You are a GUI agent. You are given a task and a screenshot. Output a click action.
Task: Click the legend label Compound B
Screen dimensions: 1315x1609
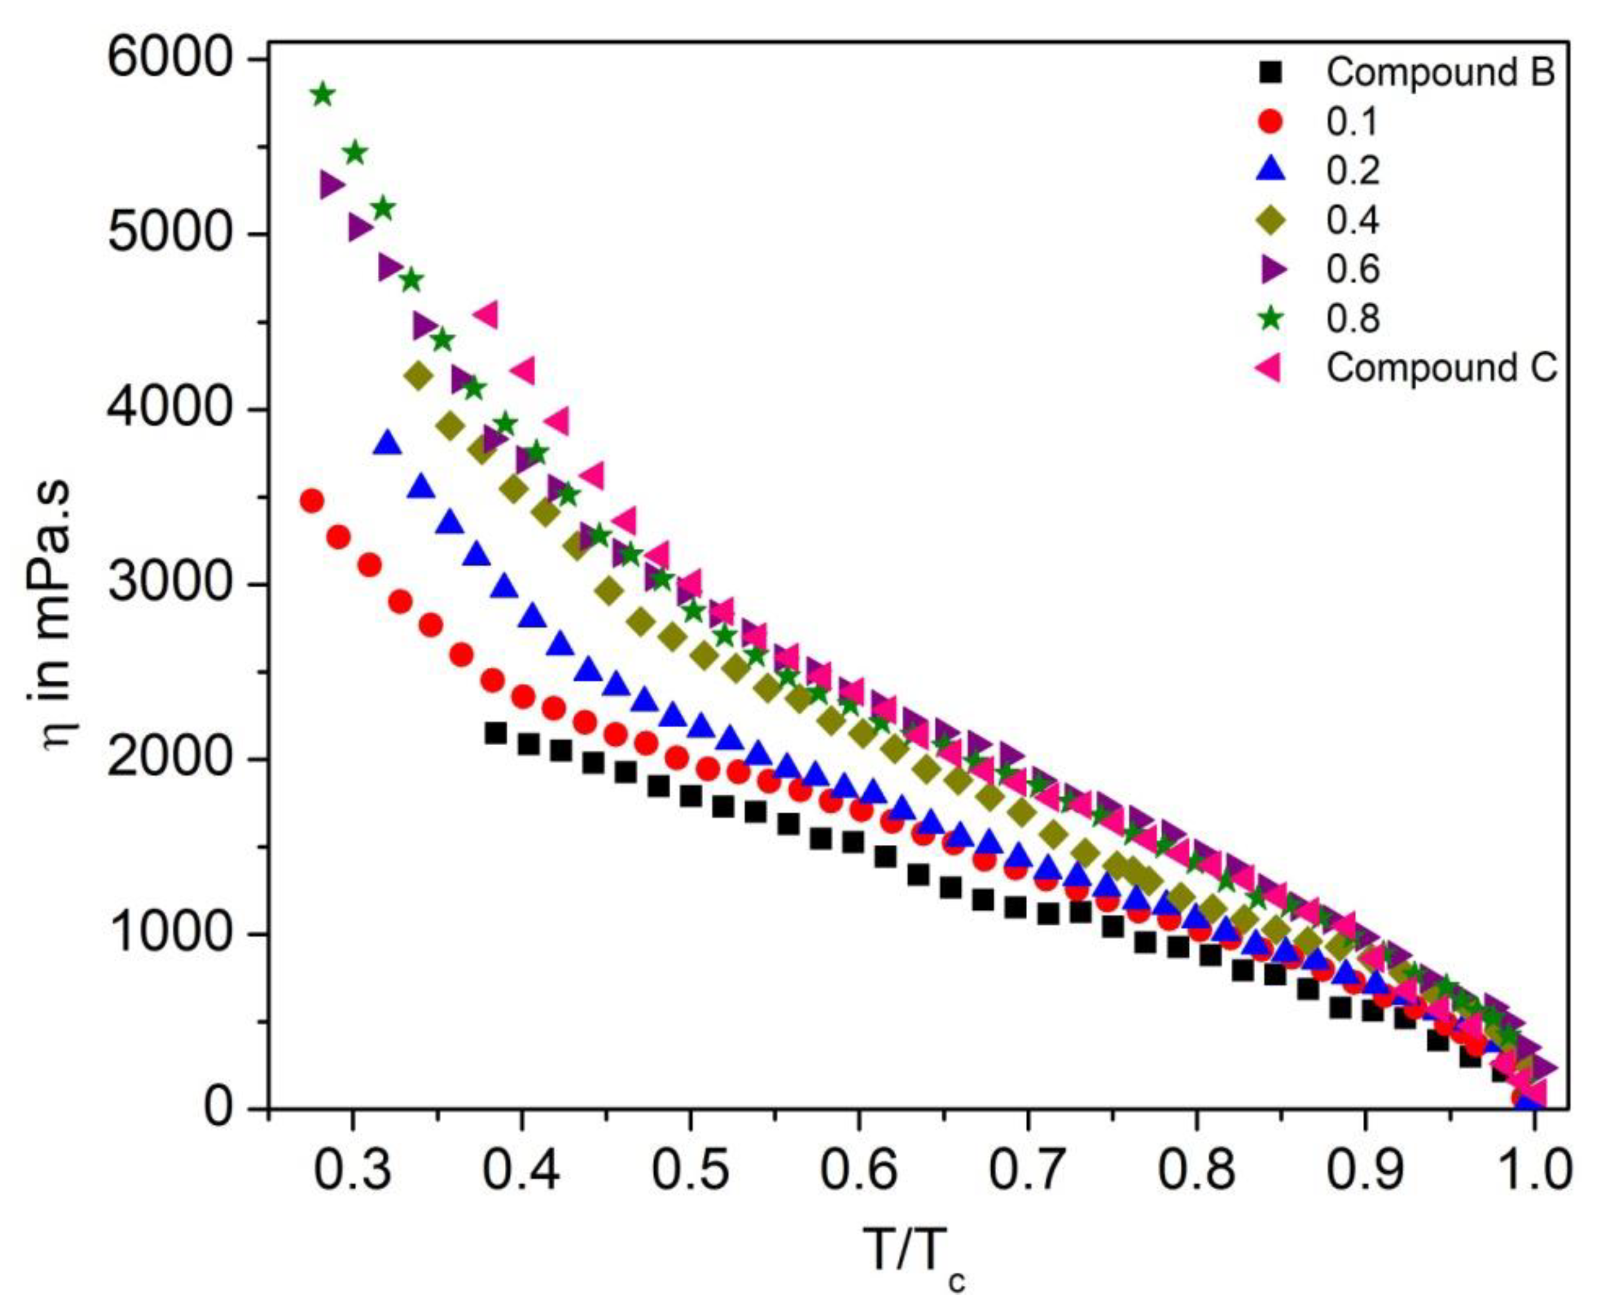1440,73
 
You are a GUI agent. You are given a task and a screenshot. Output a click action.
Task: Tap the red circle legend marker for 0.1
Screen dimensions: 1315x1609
1272,122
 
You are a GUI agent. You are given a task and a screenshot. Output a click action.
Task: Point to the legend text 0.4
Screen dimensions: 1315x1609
1353,220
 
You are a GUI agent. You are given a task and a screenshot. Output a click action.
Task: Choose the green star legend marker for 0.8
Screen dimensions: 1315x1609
1272,319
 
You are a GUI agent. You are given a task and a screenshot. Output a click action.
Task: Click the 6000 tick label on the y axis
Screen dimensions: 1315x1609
168,59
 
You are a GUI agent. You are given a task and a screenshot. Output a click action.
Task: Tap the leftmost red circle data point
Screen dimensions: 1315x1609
312,501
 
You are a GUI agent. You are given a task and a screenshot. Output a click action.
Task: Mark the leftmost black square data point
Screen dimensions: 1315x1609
495,733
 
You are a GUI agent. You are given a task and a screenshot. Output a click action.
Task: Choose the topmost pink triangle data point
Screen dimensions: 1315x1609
486,314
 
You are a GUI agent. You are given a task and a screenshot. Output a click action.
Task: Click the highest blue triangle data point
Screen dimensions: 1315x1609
388,443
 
